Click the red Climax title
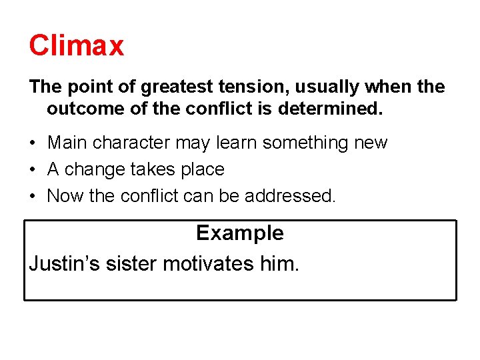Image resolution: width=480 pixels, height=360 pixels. click(76, 45)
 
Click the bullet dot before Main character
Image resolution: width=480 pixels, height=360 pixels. click(33, 143)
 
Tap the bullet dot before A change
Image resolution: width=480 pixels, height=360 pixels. click(33, 170)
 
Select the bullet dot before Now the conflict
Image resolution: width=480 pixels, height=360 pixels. click(33, 197)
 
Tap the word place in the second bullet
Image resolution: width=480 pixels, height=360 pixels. click(201, 170)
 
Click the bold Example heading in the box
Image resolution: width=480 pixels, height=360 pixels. click(239, 233)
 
